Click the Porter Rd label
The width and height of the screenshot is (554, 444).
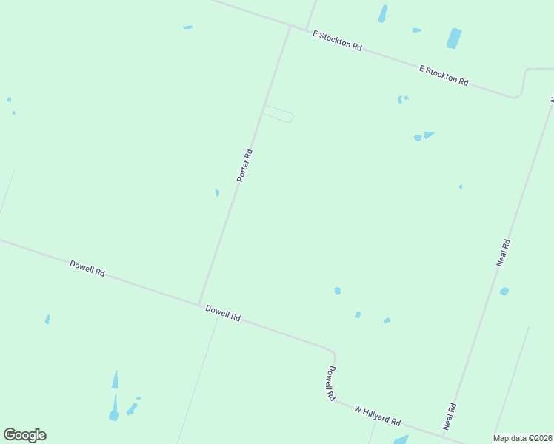tap(245, 166)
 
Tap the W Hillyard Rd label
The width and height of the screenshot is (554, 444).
tap(377, 415)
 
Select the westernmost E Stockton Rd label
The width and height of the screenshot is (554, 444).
tap(337, 41)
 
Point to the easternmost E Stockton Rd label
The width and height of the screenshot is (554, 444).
tap(444, 75)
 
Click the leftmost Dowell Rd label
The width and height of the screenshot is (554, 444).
tap(87, 268)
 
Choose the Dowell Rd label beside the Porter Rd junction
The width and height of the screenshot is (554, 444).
tap(223, 313)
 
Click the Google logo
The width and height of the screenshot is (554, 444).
tap(24, 435)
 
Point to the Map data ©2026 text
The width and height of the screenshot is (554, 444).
tap(523, 438)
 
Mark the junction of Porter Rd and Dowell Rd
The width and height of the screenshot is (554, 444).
tap(198, 303)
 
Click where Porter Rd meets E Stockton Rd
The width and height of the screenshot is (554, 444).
tap(290, 25)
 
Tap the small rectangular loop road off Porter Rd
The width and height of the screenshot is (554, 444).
tap(278, 114)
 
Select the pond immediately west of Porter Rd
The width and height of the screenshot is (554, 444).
tap(217, 193)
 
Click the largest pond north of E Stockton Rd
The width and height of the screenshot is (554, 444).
tap(454, 38)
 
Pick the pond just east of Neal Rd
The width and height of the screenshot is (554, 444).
tap(504, 291)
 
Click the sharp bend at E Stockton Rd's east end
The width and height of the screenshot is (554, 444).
tap(518, 93)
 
